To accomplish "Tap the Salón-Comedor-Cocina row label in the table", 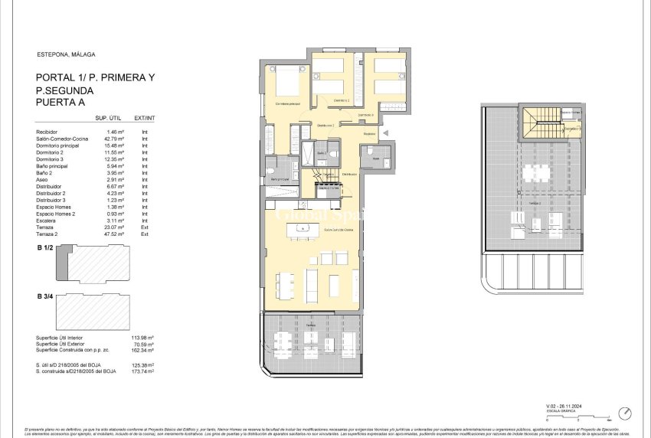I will pos(64,139).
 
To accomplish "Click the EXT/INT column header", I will pos(145,118).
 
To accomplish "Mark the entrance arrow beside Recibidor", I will pos(385,133).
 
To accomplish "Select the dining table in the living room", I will pos(285,286).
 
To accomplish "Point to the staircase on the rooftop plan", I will pos(538,123).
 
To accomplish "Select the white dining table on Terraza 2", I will pos(541,172).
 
